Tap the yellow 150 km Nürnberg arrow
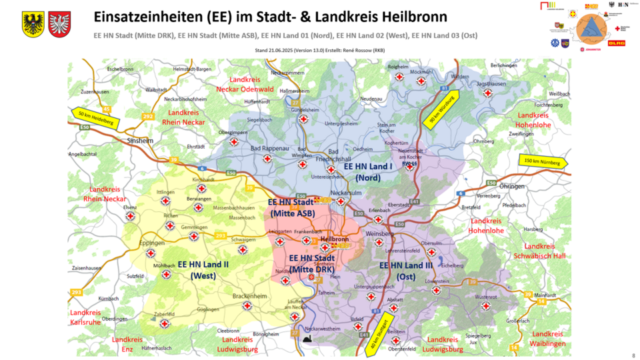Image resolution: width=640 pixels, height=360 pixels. (543, 161)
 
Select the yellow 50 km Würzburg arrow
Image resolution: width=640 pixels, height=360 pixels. (441, 109)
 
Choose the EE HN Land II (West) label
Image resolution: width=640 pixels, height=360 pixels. (203, 269)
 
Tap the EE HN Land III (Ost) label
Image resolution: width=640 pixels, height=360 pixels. (406, 270)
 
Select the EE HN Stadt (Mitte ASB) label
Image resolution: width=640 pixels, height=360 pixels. (291, 207)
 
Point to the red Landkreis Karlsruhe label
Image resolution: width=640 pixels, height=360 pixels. (85, 317)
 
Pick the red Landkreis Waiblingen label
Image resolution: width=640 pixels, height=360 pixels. (547, 339)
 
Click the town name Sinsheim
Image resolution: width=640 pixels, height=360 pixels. (139, 141)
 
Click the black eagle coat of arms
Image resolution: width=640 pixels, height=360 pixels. (33, 23)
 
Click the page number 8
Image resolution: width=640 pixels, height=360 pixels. (632, 355)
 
